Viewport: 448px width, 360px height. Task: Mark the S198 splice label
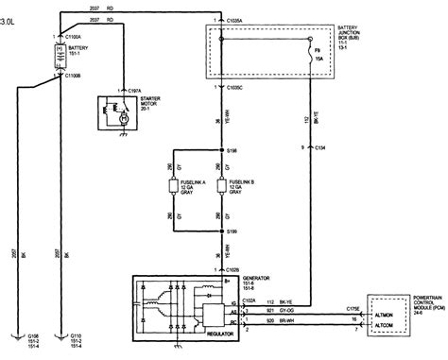236,149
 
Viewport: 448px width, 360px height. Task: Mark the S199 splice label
236,231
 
